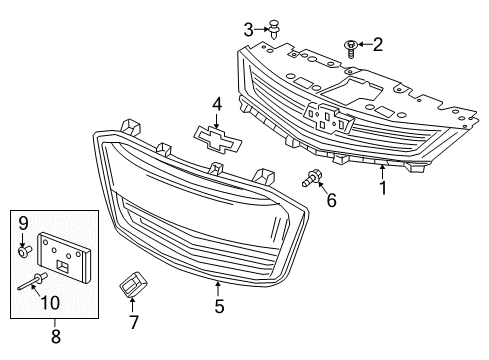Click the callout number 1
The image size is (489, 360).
(381, 186)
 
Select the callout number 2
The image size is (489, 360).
(377, 43)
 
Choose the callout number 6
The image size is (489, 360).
(332, 201)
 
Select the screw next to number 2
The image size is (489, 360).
(351, 45)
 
